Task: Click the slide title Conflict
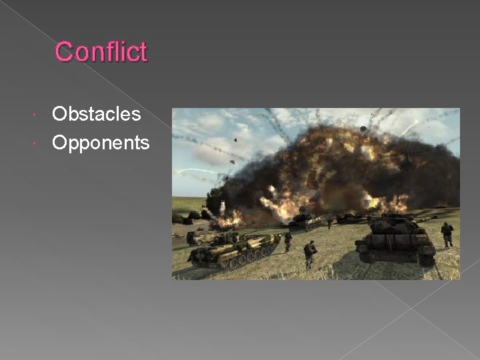(x=101, y=51)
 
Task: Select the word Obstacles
(x=96, y=114)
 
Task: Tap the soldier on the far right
(x=447, y=234)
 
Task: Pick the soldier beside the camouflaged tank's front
(x=288, y=241)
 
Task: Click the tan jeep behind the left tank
(x=199, y=237)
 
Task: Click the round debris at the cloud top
(x=363, y=129)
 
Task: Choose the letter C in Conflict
(x=65, y=52)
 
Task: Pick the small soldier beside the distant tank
(x=329, y=222)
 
